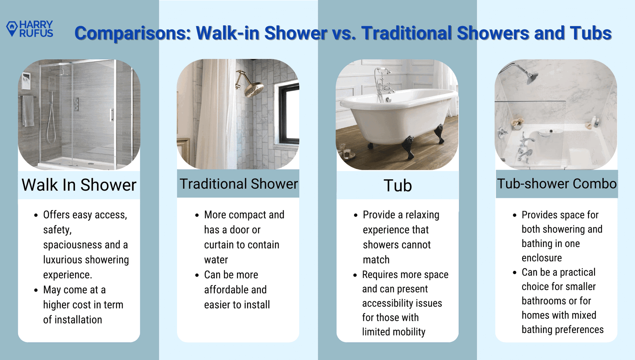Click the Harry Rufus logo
point(29,29)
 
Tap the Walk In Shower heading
point(79,185)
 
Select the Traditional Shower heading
point(239,184)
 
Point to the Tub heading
point(397,186)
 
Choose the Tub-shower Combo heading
point(557,184)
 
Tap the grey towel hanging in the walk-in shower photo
point(28,111)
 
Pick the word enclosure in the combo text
point(541,258)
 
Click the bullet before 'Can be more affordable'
point(197,275)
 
